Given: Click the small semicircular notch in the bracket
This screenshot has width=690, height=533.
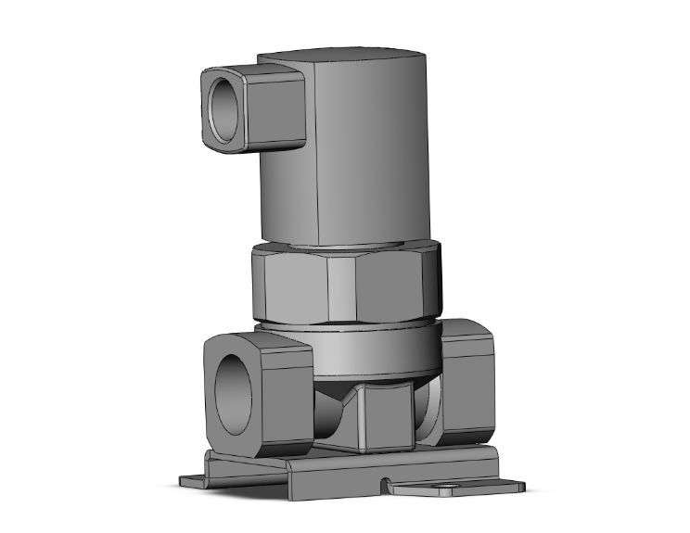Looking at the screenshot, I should (x=385, y=482).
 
